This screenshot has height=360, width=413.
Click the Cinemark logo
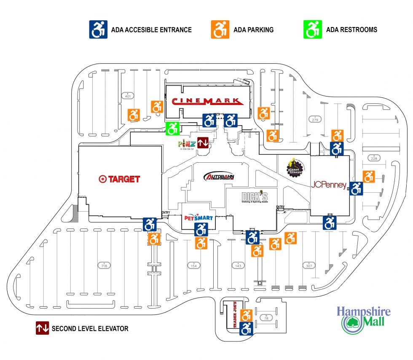[x=207, y=101]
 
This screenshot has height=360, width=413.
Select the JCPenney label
[x=329, y=185]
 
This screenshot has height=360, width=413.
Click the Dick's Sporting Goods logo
[x=255, y=197]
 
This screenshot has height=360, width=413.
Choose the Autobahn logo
[x=218, y=177]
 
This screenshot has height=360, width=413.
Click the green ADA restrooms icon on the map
[x=173, y=128]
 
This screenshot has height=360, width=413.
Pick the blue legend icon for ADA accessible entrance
[x=98, y=30]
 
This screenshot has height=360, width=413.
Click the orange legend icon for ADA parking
[x=220, y=30]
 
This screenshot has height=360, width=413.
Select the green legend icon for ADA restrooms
[x=313, y=30]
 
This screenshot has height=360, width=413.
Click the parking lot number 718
[x=103, y=266]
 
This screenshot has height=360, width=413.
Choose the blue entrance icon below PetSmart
[x=201, y=230]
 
